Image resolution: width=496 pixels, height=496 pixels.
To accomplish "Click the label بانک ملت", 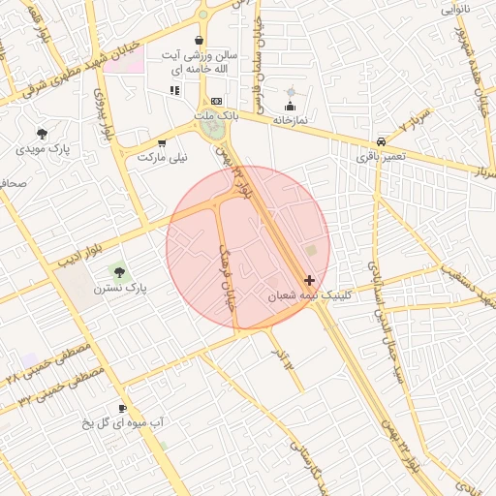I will point(215,116).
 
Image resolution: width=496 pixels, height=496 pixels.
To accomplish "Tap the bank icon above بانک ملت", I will point(216,101).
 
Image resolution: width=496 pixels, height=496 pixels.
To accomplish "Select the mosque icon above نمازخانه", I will point(290,105).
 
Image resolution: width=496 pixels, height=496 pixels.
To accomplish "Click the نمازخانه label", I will point(289,119).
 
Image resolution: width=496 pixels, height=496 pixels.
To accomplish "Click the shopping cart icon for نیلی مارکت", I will point(161,141).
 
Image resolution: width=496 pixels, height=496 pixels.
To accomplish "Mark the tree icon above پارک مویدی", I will point(42,134).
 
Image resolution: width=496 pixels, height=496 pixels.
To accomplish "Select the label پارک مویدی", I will point(45,149).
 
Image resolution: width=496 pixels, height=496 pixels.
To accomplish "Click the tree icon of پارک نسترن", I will point(119,273).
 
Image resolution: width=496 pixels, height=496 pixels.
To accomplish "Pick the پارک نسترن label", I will point(119,289).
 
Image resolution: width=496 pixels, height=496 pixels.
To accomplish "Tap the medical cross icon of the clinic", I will point(309,280).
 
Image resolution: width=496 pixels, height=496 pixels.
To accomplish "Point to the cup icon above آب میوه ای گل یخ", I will point(123,408).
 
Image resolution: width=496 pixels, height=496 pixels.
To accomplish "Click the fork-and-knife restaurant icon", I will point(174,90).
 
